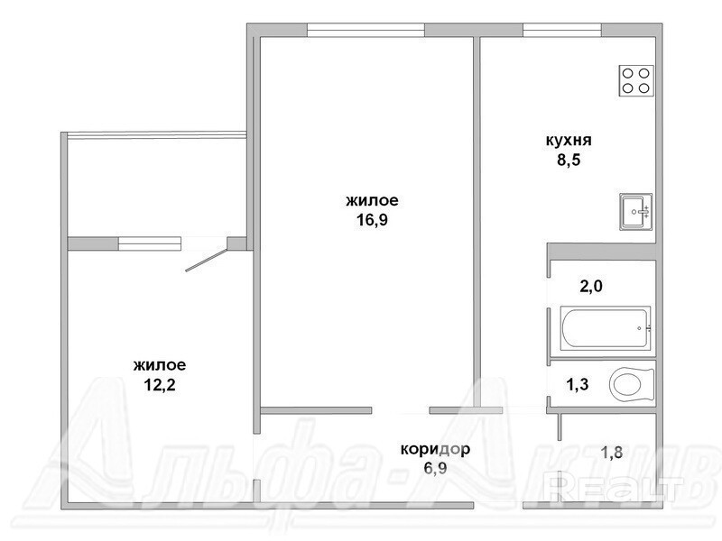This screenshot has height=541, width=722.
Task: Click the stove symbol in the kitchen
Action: [x=636, y=80]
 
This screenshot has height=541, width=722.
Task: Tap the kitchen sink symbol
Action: [x=635, y=212]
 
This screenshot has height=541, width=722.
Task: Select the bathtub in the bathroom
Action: [x=606, y=328]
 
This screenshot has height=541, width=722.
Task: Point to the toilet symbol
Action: [x=631, y=384]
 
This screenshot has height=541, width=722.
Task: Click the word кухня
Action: [x=569, y=140]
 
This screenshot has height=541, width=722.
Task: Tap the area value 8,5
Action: [x=569, y=160]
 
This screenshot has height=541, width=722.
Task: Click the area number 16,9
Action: [x=372, y=220]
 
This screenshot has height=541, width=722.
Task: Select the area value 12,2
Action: [x=160, y=384]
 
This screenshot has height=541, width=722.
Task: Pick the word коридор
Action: [x=435, y=449]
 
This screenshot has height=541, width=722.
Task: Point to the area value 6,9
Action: [x=436, y=468]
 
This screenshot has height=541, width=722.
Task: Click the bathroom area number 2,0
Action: [x=591, y=287]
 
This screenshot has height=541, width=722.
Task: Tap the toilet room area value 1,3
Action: [x=577, y=384]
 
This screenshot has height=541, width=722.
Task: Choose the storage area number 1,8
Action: [x=612, y=453]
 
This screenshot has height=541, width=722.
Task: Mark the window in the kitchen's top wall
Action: [x=562, y=30]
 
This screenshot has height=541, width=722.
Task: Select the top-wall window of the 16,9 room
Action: [x=366, y=30]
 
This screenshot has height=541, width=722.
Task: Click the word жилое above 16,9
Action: [x=372, y=200]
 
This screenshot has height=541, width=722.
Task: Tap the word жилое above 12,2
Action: [x=160, y=365]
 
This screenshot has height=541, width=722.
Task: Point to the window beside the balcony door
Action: [x=149, y=243]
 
